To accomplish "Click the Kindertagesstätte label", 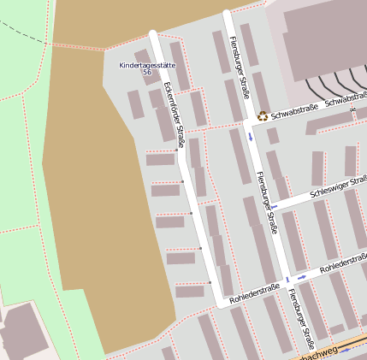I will [x=146, y=65].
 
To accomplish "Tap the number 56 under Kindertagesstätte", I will [x=146, y=74].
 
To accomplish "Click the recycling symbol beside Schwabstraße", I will [x=263, y=115].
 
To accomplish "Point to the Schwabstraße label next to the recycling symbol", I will [x=294, y=110].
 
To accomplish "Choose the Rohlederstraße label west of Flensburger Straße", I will [x=255, y=292].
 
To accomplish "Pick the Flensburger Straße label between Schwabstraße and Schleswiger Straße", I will [x=266, y=202].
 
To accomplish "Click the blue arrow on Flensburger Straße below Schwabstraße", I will [x=250, y=136].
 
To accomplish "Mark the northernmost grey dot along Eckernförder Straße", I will [x=177, y=149].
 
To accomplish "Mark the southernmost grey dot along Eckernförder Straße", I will [x=209, y=282].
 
